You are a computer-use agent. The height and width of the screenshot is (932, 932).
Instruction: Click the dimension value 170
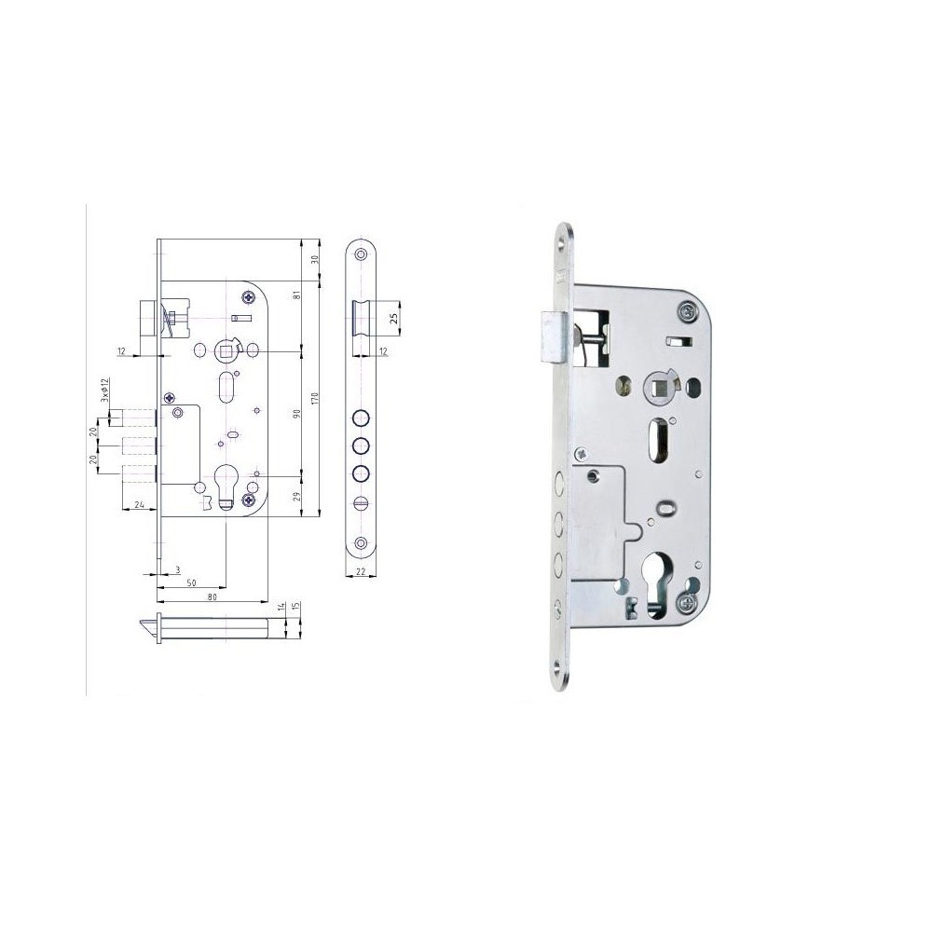point(315,398)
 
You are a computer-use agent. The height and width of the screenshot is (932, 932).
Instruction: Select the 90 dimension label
point(297,413)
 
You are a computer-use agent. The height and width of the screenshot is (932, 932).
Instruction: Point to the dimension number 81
point(297,293)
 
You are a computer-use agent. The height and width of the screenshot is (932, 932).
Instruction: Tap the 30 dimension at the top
point(315,259)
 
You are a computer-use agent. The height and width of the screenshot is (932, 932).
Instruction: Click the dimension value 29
point(297,496)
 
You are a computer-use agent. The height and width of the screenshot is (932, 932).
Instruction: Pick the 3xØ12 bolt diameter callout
point(104,390)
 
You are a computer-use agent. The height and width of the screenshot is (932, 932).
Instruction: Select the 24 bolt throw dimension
point(140,504)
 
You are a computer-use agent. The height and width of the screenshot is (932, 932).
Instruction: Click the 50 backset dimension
point(191,583)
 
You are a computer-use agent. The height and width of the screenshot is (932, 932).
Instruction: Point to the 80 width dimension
point(212,596)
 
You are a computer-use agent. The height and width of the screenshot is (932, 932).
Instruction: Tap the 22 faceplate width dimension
point(361,571)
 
